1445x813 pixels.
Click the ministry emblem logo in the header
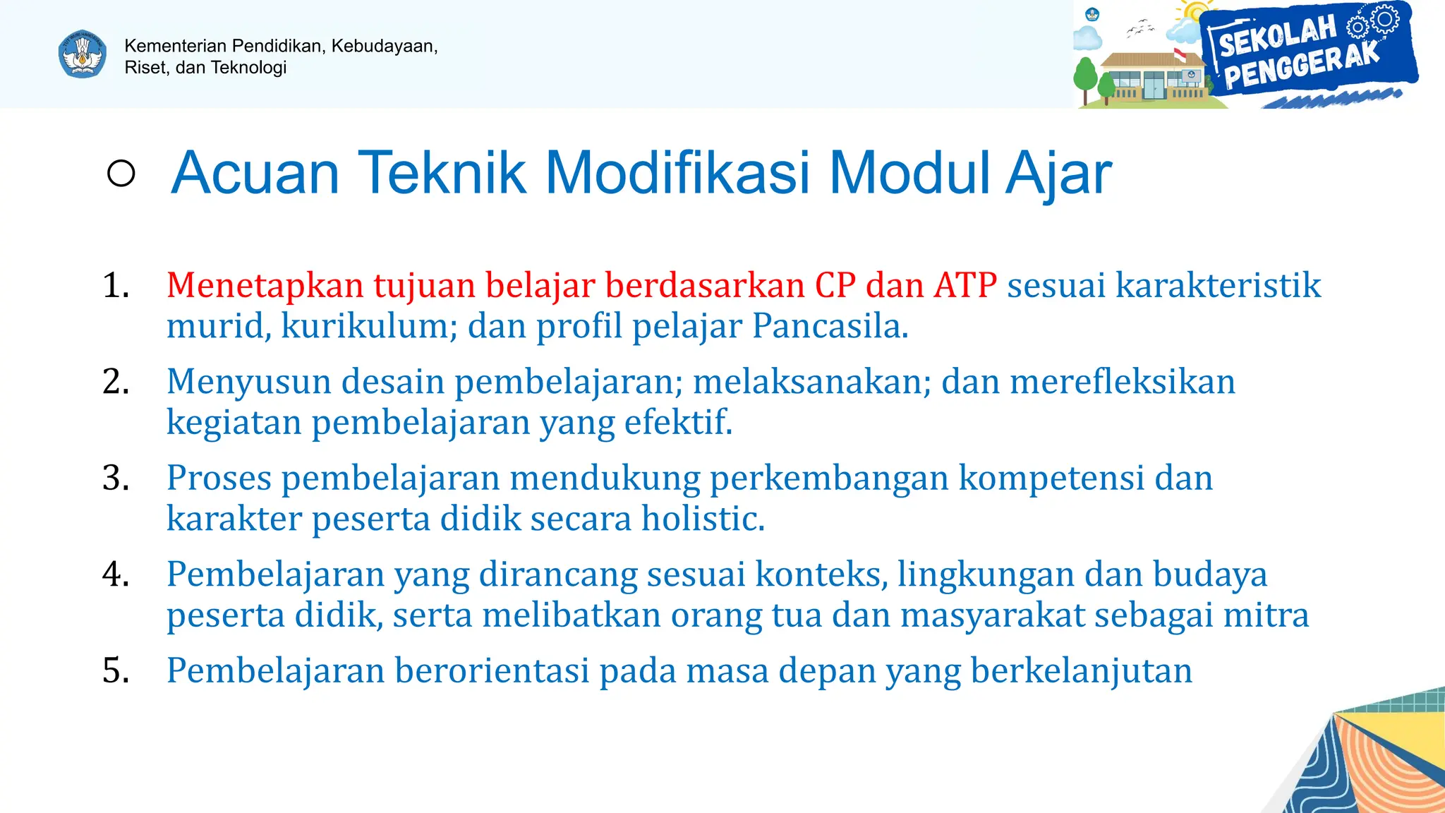tap(83, 54)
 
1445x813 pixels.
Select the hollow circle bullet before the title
tap(121, 173)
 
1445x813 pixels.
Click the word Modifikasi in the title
tap(677, 173)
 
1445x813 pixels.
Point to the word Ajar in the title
tap(1058, 173)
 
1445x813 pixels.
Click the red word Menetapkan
tap(265, 286)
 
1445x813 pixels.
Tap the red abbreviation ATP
tap(965, 286)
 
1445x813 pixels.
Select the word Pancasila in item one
tap(830, 326)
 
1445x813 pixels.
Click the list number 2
tap(116, 382)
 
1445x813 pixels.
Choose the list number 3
tap(116, 478)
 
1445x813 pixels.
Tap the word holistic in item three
tap(703, 519)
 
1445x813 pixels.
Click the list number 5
tap(116, 671)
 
